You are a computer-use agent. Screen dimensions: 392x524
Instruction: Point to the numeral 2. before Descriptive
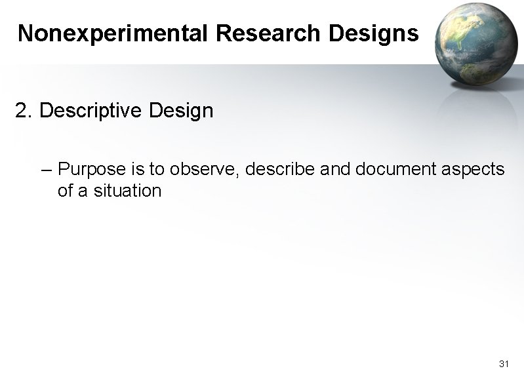click(24, 111)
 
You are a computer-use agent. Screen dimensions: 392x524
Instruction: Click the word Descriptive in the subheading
click(91, 111)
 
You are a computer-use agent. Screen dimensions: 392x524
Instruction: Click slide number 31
click(504, 364)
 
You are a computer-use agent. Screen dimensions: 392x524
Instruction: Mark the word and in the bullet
click(335, 170)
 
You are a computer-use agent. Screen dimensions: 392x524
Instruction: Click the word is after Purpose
click(137, 170)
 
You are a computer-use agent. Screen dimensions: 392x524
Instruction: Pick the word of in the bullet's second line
click(66, 191)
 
